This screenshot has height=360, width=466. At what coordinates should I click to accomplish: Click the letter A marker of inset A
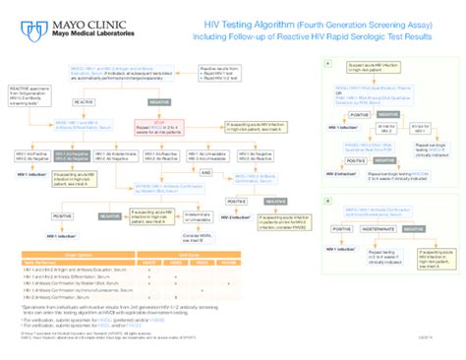325,62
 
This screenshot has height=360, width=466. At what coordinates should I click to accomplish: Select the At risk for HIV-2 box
384,128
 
